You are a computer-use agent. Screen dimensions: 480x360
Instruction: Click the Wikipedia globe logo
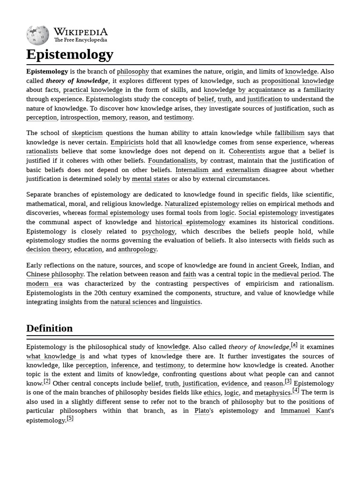(x=37, y=35)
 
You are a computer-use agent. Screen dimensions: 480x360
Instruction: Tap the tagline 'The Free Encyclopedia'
(x=80, y=40)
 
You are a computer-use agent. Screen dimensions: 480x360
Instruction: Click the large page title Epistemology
(x=69, y=54)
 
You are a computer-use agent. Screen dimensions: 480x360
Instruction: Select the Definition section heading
(x=49, y=328)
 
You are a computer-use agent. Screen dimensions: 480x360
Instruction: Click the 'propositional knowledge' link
(x=298, y=81)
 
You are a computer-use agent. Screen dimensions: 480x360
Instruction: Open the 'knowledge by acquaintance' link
(x=245, y=90)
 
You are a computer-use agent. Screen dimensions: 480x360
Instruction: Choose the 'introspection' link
(x=79, y=118)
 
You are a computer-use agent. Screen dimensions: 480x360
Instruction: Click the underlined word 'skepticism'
(x=87, y=133)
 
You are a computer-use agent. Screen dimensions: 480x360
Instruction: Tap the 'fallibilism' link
(x=289, y=133)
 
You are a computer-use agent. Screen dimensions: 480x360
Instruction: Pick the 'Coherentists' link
(x=247, y=151)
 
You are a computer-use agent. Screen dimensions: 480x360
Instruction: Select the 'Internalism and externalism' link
(x=217, y=170)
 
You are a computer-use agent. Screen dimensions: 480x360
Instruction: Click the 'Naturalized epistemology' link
(x=202, y=204)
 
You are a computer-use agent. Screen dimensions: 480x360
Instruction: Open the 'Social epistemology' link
(x=268, y=213)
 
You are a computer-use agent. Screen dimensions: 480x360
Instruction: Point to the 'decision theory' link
(x=48, y=249)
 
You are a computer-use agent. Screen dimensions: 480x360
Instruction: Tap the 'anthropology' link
(x=137, y=249)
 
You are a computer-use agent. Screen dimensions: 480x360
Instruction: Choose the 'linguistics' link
(x=186, y=302)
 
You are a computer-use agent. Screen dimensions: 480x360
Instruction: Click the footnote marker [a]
(x=294, y=345)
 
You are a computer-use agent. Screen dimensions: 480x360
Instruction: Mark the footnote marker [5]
(x=70, y=418)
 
